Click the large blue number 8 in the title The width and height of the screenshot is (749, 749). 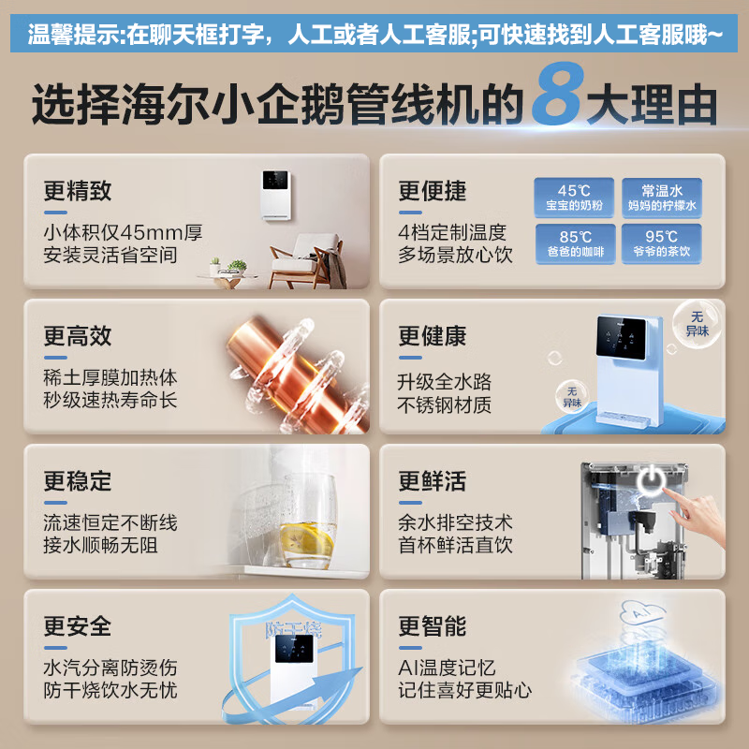point(557,95)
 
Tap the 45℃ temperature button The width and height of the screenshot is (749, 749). point(574,198)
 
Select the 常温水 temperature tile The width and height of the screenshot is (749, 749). point(662,198)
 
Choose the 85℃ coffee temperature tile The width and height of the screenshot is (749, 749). point(575,243)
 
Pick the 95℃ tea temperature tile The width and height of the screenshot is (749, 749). point(662,243)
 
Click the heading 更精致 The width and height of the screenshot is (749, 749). point(78,191)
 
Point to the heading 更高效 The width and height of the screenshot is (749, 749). point(78,336)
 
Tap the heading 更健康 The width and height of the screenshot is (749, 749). point(433,336)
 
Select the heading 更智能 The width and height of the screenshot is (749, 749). point(433,625)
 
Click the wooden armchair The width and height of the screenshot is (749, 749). point(307,261)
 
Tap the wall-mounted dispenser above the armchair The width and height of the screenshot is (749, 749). point(276,196)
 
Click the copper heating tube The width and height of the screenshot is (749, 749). point(297,374)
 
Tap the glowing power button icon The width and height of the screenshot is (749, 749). point(651,480)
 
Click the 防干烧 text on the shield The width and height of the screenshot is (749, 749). point(293,629)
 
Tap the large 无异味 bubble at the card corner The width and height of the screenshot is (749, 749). point(697,323)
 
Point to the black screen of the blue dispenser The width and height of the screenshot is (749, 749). point(621,337)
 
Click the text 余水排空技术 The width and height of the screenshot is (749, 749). point(455,522)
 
